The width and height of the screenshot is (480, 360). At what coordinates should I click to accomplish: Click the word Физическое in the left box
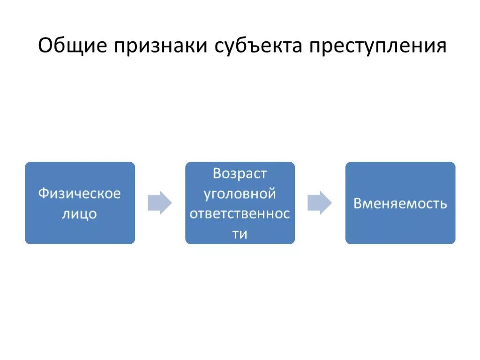[80, 193]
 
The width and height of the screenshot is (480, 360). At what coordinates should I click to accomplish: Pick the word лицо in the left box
[80, 214]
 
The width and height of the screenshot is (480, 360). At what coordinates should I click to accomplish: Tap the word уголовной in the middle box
[240, 193]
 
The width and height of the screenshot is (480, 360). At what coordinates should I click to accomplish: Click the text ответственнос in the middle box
[240, 214]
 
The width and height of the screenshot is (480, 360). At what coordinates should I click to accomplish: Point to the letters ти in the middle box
[240, 234]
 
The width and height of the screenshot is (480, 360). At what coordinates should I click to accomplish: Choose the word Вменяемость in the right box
[400, 204]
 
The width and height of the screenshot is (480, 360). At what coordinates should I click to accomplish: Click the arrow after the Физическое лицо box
[160, 203]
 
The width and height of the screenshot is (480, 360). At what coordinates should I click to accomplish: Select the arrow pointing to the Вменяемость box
[320, 203]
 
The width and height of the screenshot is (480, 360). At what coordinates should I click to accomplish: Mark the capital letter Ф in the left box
[43, 193]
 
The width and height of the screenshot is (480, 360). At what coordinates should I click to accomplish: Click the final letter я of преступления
[441, 47]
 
